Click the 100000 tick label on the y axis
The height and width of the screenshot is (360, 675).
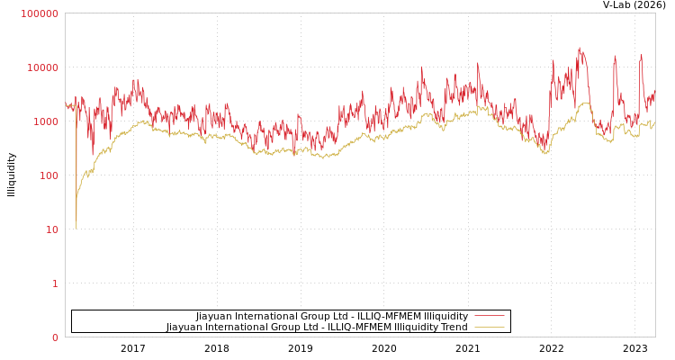tap(40, 13)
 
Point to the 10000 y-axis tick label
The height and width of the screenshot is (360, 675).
tap(42, 67)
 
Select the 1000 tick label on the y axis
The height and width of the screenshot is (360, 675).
tap(45, 121)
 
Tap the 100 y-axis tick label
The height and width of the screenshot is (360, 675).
tap(48, 175)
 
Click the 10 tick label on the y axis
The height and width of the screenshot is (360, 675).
tap(50, 229)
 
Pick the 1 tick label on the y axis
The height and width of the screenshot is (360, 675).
tap(54, 283)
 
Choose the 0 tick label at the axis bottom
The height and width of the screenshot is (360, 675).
tap(54, 337)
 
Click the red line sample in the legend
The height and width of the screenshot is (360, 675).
tap(489, 317)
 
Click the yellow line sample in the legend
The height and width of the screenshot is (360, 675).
tap(489, 328)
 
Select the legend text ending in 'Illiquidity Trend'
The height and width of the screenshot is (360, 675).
tap(317, 328)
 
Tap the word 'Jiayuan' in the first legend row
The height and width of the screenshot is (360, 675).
tap(216, 317)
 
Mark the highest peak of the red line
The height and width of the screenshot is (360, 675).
tap(580, 49)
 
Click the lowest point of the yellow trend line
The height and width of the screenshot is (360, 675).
tap(76, 229)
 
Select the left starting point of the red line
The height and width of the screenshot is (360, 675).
tap(66, 105)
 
